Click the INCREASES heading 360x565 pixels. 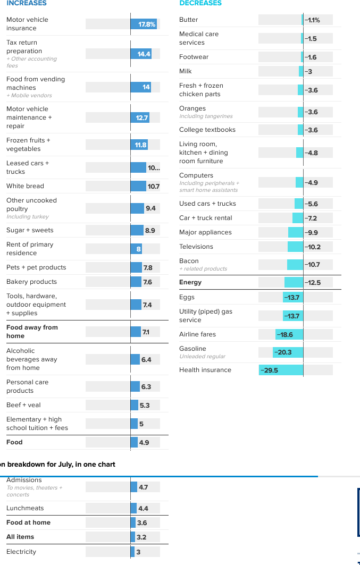pos(27,3)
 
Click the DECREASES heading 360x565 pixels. pos(200,3)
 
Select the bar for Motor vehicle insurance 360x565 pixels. pos(144,24)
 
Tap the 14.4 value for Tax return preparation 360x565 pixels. pos(144,54)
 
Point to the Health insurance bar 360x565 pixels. pos(281,370)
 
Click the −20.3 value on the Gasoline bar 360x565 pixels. pos(283,352)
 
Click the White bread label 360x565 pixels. pos(25,186)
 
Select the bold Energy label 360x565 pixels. pos(190,282)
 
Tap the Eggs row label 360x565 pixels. pos(187,297)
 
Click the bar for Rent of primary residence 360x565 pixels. pos(137,249)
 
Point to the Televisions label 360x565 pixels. pos(196,247)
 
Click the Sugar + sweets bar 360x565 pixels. pos(137,230)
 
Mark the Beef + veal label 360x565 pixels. pos(23,405)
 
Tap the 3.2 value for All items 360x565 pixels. pos(141,537)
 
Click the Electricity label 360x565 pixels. pos(21,552)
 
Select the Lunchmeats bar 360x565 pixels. pos(133,508)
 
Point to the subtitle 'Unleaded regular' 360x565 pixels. pos(202,357)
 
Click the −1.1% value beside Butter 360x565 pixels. pos(312,20)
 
